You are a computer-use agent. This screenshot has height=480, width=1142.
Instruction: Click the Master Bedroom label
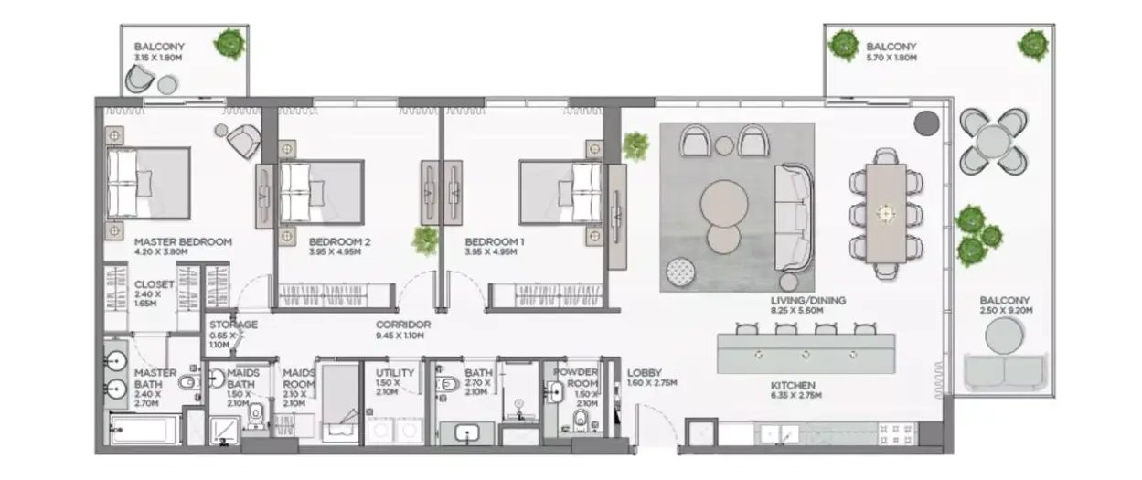click(x=183, y=241)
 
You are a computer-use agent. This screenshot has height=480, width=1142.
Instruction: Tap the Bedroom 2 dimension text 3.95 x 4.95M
click(x=335, y=251)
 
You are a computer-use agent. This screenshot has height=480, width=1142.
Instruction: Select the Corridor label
click(x=403, y=325)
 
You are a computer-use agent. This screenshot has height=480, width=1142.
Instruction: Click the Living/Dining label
click(x=808, y=301)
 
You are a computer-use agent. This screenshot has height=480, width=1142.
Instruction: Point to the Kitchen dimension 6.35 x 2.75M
click(x=795, y=395)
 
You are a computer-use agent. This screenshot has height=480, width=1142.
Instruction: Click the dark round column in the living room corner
click(x=926, y=123)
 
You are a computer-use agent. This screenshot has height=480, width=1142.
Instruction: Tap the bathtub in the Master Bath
click(x=143, y=430)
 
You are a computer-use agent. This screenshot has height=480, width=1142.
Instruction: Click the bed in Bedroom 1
click(x=560, y=193)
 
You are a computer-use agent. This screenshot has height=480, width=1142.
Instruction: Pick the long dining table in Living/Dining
click(x=886, y=213)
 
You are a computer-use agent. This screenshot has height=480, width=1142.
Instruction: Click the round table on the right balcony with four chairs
click(x=993, y=142)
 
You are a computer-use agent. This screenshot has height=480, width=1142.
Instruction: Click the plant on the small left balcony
click(x=229, y=44)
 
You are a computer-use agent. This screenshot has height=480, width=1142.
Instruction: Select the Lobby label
click(x=645, y=373)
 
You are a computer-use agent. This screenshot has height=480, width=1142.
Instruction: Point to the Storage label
click(x=233, y=325)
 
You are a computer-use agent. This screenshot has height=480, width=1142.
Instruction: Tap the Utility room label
click(x=395, y=373)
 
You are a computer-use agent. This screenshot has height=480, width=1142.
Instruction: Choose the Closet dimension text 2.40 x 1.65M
click(x=147, y=299)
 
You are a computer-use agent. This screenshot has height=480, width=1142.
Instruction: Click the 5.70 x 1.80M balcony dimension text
click(x=891, y=59)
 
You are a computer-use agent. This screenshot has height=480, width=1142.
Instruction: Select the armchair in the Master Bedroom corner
click(x=244, y=141)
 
